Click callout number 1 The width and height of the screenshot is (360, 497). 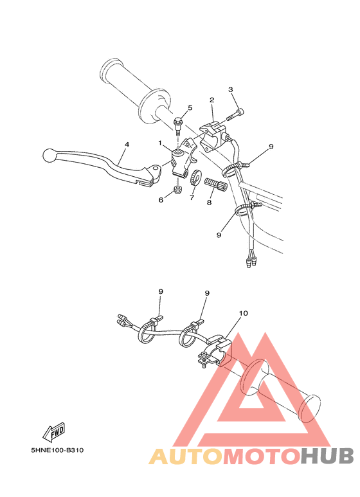tap(160, 143)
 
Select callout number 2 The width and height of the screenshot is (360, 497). tap(211, 100)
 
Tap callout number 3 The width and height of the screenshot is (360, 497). tap(231, 89)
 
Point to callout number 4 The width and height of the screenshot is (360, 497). tap(127, 145)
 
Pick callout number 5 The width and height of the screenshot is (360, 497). tap(190, 107)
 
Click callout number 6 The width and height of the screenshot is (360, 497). tap(161, 200)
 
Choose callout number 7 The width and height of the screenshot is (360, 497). tap(191, 198)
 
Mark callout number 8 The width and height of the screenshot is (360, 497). tap(208, 202)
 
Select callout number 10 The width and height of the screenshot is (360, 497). tap(243, 314)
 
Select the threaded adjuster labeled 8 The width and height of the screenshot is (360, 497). tap(213, 185)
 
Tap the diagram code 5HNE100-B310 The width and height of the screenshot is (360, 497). tap(56, 450)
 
